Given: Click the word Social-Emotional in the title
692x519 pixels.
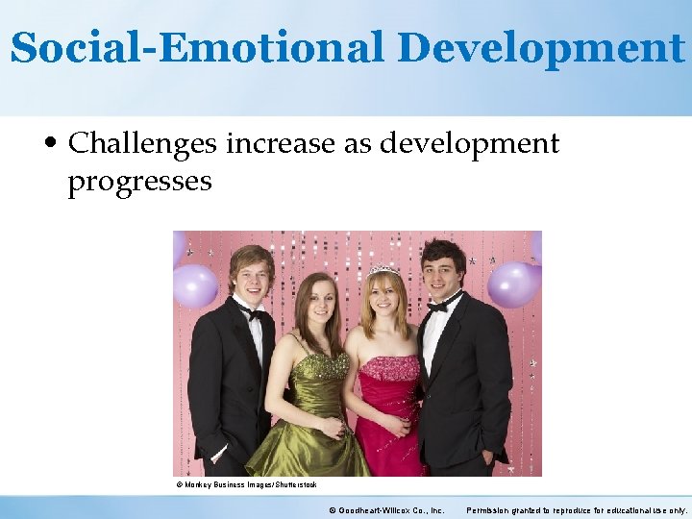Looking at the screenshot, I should point(197,47).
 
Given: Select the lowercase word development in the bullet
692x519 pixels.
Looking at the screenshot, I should point(469,144).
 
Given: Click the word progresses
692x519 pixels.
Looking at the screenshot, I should point(139,180).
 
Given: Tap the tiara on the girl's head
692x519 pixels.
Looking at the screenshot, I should point(383,271).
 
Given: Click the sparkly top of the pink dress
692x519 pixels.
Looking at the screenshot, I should point(388,368).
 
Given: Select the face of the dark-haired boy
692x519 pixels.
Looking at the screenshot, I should point(443,269).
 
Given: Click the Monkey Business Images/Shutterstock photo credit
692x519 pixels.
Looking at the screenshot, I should point(246,485).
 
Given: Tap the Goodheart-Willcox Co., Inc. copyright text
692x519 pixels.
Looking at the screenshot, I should point(386,509).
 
